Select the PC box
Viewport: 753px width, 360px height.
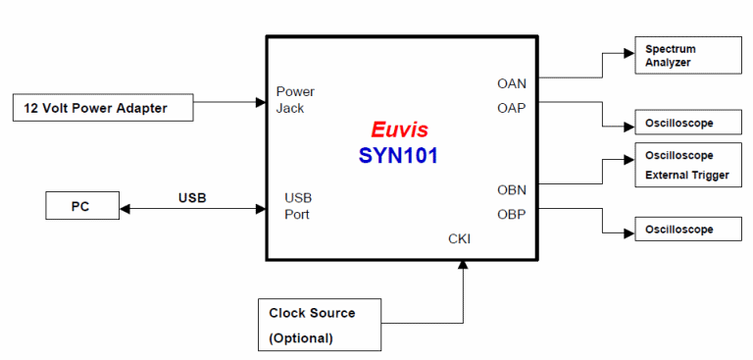click(x=81, y=207)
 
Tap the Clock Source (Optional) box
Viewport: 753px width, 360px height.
click(x=319, y=325)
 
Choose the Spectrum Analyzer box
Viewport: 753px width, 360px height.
click(x=685, y=56)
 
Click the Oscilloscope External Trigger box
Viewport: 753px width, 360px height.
click(x=685, y=165)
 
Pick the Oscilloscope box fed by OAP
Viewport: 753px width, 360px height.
click(x=685, y=125)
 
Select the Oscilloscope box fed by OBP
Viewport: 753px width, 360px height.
click(x=685, y=231)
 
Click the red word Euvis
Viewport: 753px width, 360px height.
click(x=399, y=129)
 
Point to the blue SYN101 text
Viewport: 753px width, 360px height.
click(x=398, y=155)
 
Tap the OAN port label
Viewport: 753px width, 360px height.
click(x=511, y=83)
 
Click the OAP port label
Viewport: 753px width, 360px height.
click(x=511, y=108)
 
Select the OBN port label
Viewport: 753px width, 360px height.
click(x=511, y=189)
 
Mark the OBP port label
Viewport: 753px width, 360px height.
click(x=511, y=214)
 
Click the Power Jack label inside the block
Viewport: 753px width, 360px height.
click(x=295, y=100)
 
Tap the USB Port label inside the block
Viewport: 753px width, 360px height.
click(x=298, y=206)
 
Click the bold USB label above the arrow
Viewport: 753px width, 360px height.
click(x=192, y=198)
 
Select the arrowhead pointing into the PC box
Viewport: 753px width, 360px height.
click(x=124, y=208)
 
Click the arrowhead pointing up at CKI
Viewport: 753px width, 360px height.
click(x=462, y=267)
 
